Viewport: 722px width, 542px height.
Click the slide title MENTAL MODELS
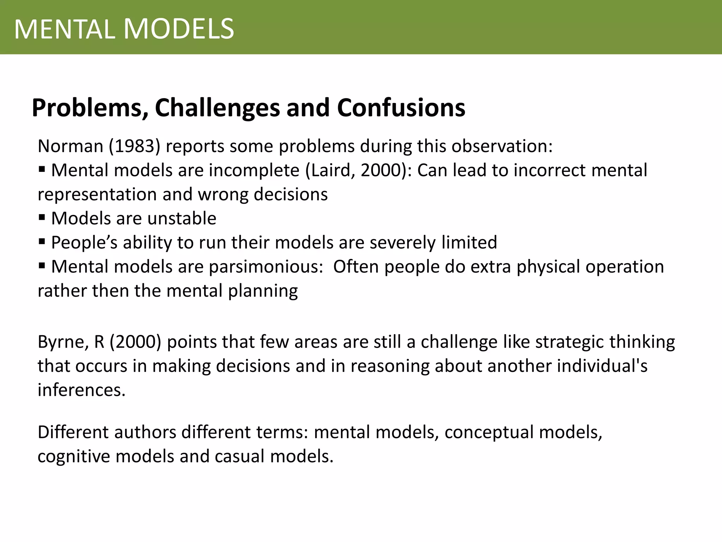124,29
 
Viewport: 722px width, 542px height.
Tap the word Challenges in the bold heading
217,108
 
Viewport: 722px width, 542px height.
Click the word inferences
81,390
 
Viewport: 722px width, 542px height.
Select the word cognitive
74,457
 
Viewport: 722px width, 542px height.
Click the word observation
502,146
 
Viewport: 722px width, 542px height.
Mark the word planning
263,291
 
